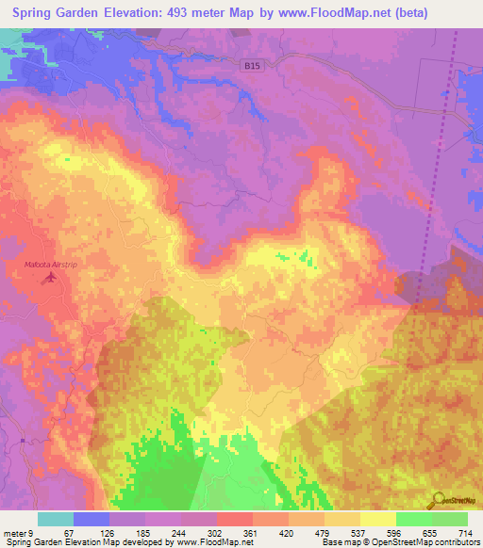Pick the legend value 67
pos(68,532)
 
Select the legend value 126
pos(106,532)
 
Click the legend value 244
pos(179,532)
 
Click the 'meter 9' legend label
pos(19,532)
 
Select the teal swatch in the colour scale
pos(56,519)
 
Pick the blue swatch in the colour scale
pos(92,519)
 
